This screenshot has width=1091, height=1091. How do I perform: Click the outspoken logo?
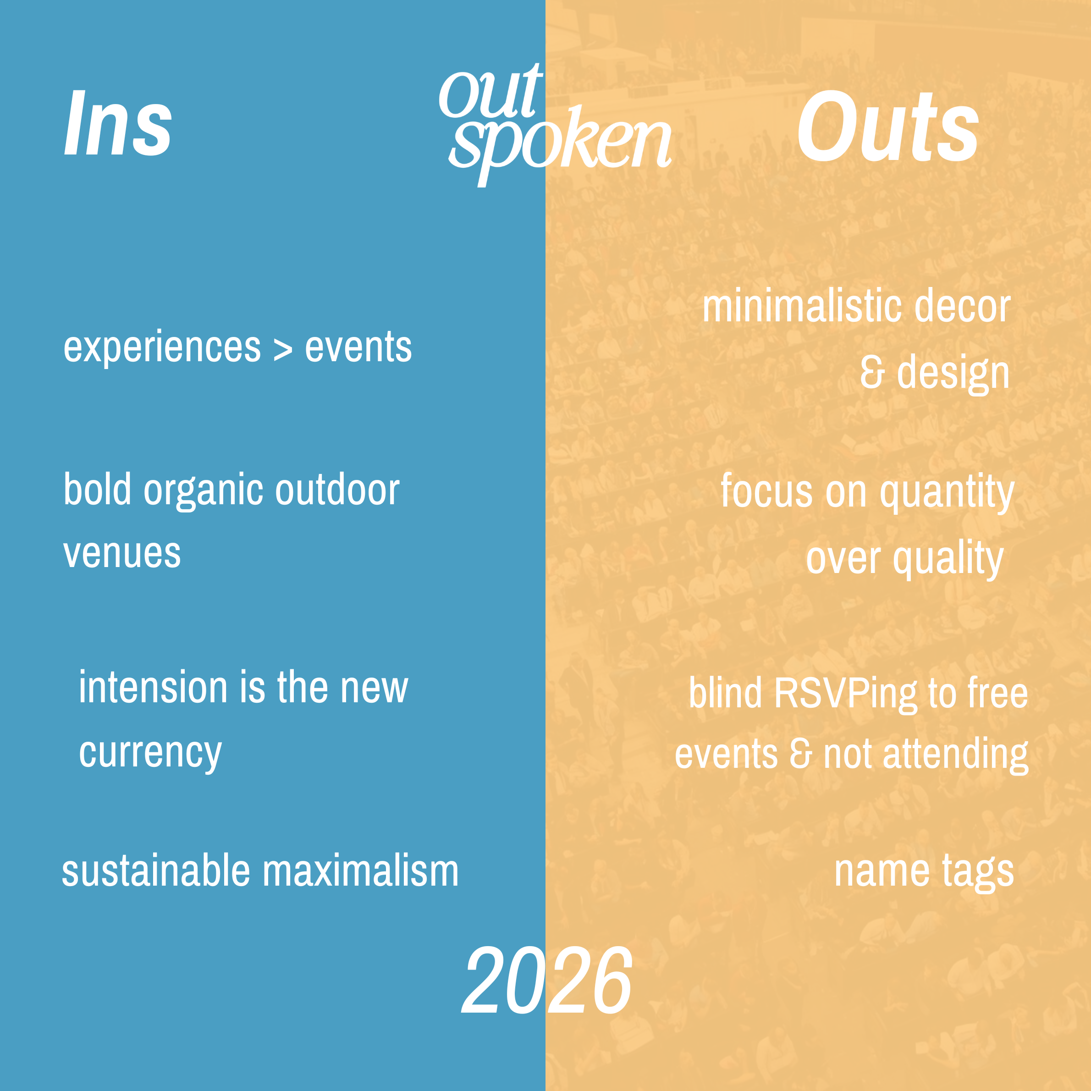pos(555,125)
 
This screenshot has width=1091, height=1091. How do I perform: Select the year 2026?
pos(546,981)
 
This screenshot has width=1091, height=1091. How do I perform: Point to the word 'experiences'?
pos(162,348)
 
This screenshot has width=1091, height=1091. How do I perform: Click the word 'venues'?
pos(122,553)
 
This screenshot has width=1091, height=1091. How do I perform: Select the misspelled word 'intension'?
pos(153,688)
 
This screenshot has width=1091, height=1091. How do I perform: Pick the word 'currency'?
pos(150,753)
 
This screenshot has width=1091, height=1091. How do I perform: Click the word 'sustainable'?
pos(156,871)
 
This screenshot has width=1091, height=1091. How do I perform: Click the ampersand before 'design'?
pos(872,373)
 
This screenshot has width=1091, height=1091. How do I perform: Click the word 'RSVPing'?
pos(845,694)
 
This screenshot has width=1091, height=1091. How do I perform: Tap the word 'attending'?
pos(955,755)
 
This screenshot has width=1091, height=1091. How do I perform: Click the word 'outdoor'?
pos(338,490)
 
